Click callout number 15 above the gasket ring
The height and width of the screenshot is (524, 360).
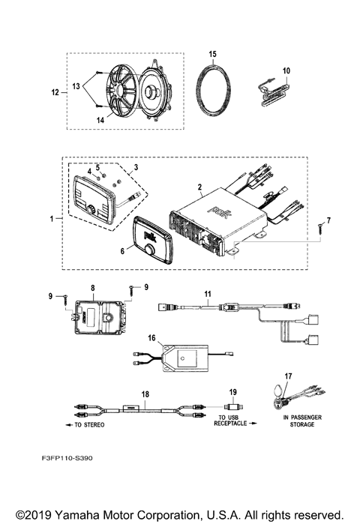[213, 55]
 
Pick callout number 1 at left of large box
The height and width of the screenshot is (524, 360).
[51, 219]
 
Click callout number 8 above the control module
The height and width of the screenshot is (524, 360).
[92, 287]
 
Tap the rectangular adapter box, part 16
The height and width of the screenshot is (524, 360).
[187, 358]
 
